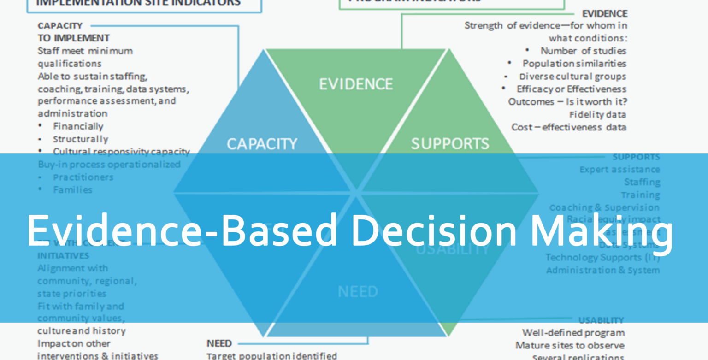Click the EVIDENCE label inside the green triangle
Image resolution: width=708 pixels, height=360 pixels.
tap(356, 84)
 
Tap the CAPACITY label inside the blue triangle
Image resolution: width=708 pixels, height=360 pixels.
tap(262, 144)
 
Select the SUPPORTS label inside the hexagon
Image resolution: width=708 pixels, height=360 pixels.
tap(450, 144)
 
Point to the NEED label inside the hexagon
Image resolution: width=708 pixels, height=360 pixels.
tap(358, 291)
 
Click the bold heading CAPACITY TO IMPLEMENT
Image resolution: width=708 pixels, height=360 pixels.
tap(73, 32)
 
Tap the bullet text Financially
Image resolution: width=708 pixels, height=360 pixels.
tap(78, 126)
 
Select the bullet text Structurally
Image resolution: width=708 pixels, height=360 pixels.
tap(80, 139)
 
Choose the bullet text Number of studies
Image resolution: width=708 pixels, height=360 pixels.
tap(583, 51)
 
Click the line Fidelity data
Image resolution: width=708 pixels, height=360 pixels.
tap(597, 114)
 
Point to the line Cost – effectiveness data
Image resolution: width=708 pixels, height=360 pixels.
tap(569, 127)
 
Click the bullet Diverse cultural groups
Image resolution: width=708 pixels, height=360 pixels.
tap(572, 77)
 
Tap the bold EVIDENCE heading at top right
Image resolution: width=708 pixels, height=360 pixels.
tap(604, 14)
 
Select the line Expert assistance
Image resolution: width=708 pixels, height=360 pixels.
tap(619, 170)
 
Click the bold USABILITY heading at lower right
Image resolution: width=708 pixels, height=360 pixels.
tap(601, 320)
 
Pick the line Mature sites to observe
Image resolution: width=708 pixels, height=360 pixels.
tap(570, 345)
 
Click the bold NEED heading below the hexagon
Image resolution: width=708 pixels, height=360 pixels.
tap(219, 343)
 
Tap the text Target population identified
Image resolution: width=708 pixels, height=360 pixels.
tap(271, 356)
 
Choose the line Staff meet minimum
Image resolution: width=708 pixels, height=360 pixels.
tap(85, 51)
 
